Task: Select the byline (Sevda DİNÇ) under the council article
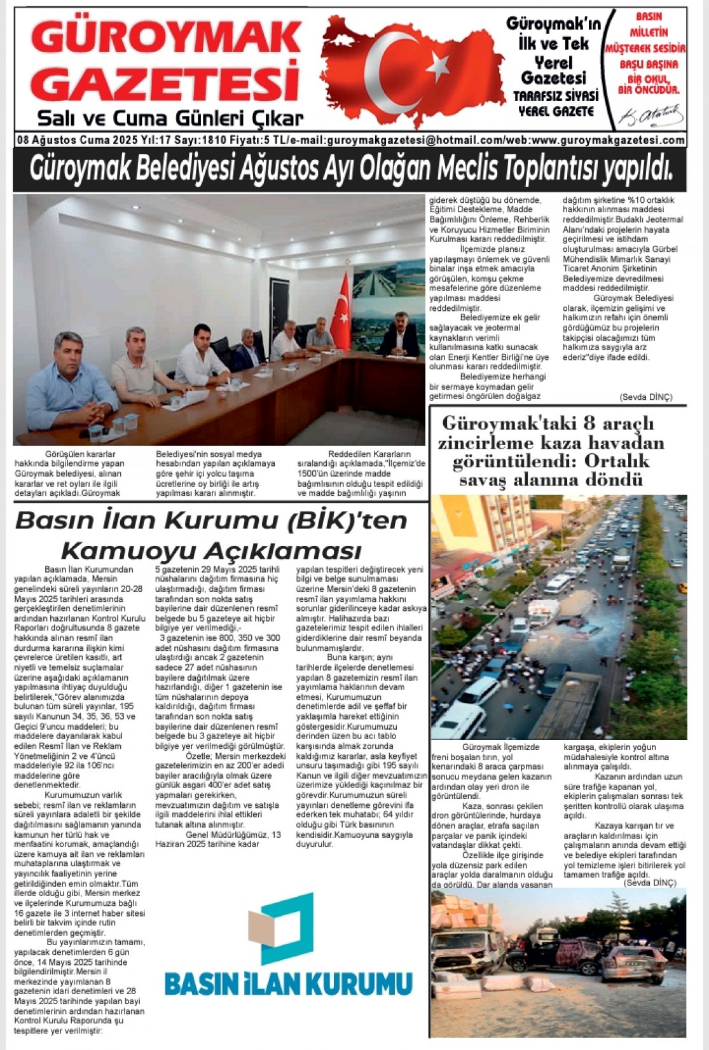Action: coord(645,397)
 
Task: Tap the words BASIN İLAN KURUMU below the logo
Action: coord(287,984)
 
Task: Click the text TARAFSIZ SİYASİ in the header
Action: coord(556,96)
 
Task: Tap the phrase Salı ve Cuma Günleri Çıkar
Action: coord(170,118)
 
